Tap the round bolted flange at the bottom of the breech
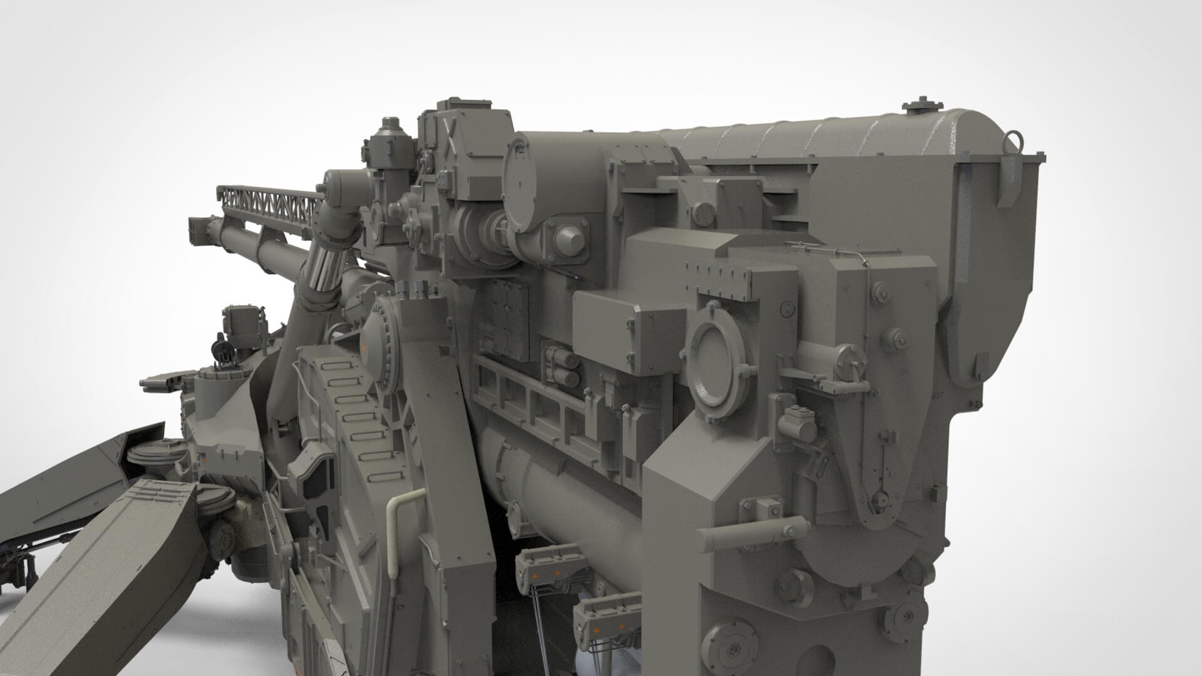pos(726,645)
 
